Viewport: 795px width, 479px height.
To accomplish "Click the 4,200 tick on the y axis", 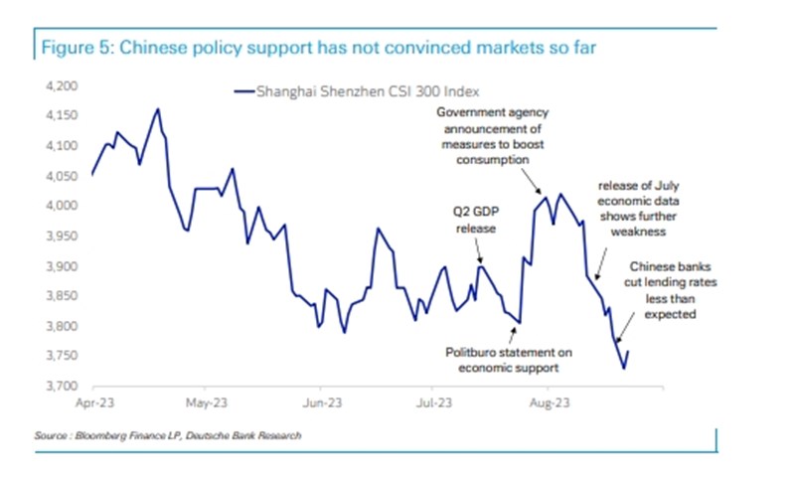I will [63, 86].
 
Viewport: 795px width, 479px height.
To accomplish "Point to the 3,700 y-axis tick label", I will [63, 386].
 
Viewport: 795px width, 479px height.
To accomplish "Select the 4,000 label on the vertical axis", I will [63, 206].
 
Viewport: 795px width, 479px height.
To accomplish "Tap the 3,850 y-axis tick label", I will [63, 296].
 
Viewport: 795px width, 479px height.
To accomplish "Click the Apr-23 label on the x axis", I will [92, 404].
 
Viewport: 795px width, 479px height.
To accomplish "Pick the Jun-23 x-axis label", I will [320, 404].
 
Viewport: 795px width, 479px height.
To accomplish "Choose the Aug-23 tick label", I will [548, 404].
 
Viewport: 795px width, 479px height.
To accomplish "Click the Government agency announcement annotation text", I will [492, 136].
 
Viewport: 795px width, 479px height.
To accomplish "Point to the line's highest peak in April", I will [157, 109].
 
